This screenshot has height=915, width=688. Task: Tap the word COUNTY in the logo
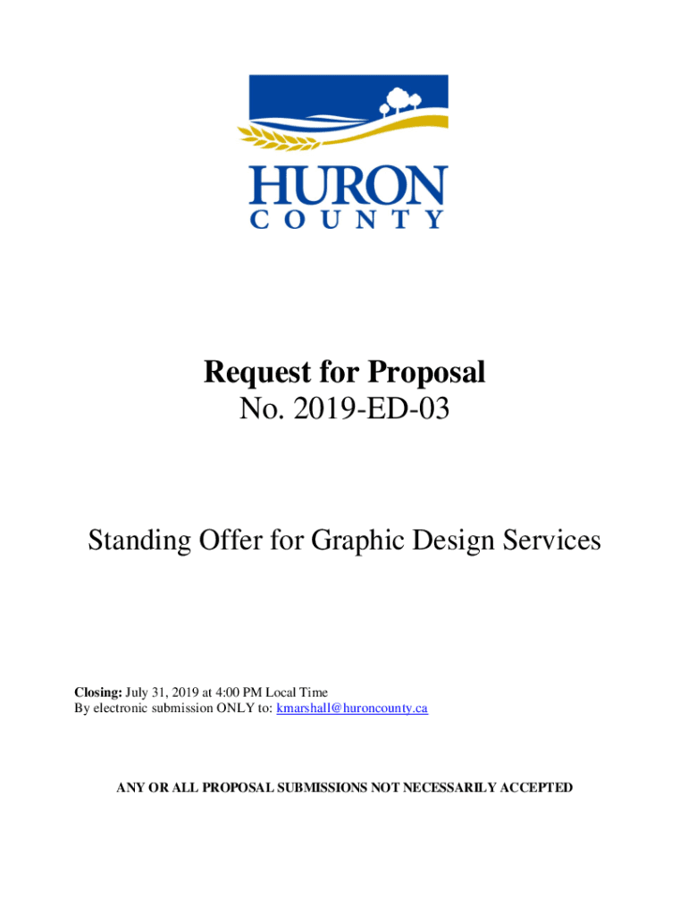(x=347, y=219)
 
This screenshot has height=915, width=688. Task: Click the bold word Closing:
(x=97, y=692)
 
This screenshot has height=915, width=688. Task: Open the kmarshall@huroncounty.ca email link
(x=352, y=708)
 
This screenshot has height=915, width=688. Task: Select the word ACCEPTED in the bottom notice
(x=530, y=788)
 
